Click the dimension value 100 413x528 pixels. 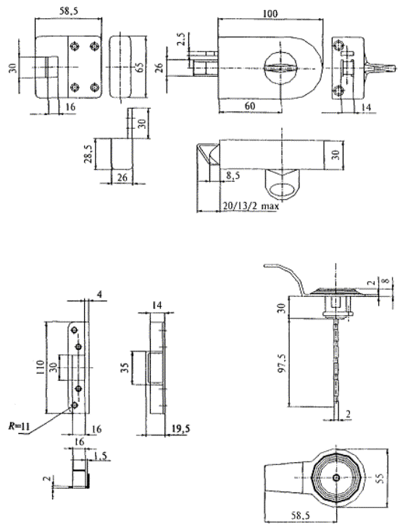click(270, 14)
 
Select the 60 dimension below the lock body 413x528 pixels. click(250, 106)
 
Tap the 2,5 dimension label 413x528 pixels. click(181, 38)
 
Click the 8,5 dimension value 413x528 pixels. click(233, 175)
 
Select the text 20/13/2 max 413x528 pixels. click(251, 206)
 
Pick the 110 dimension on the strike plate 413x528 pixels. click(41, 366)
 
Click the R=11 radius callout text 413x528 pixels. click(20, 427)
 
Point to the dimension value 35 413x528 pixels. click(125, 367)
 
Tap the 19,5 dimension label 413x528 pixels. click(180, 428)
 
